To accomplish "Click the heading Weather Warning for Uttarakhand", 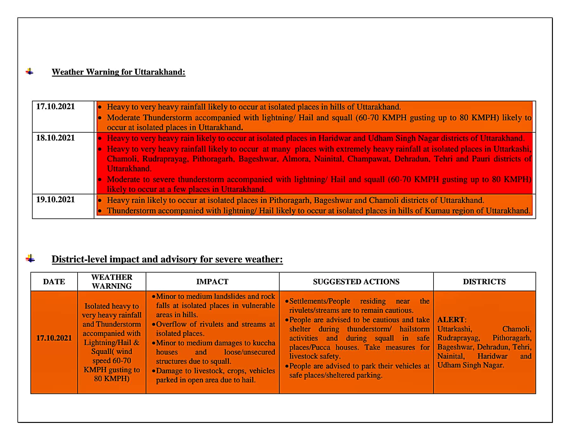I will click(x=118, y=72).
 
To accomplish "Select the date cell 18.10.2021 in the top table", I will click(x=55, y=138).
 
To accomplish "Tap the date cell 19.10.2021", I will click(x=55, y=200).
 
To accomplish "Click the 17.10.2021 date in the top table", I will click(x=55, y=107).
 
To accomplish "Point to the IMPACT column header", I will click(x=212, y=282).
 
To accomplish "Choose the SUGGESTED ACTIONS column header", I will click(x=356, y=282).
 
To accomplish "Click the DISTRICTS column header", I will click(x=484, y=282).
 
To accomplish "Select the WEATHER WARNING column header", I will click(x=112, y=281).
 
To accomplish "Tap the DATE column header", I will click(x=54, y=282).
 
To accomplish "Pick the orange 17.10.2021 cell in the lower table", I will click(x=54, y=338).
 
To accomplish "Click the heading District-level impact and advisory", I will click(x=167, y=259).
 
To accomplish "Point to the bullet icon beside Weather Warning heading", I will click(x=30, y=72).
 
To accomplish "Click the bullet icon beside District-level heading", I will click(x=30, y=259).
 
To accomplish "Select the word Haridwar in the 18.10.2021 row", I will click(x=334, y=138).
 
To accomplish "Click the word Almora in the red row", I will click(x=295, y=159).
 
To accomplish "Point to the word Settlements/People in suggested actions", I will click(x=320, y=301).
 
